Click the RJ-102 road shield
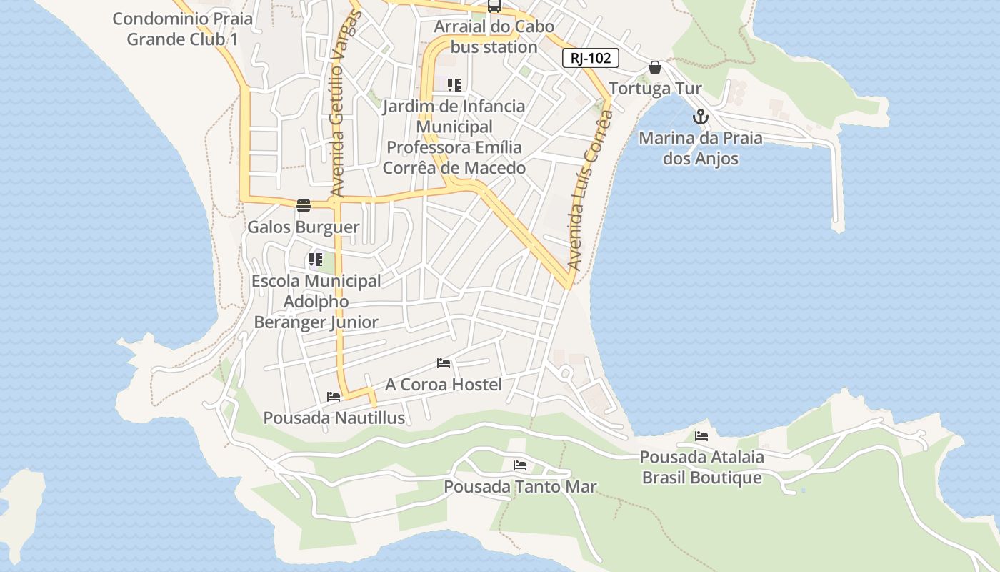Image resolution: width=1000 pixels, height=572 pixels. tap(591, 59)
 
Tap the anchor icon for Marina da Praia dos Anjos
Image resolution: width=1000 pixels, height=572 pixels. tap(701, 117)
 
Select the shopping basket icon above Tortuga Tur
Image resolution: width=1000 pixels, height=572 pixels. tap(655, 68)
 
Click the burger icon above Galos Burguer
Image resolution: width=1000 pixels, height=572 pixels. tap(304, 207)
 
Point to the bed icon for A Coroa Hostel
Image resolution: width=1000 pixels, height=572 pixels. tap(444, 363)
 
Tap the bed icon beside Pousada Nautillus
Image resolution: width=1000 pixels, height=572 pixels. tap(334, 397)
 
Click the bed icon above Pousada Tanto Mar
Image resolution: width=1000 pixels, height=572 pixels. tap(520, 465)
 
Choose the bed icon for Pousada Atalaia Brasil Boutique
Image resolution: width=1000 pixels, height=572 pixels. tap(701, 435)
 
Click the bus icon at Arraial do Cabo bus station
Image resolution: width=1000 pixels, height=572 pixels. tap(494, 6)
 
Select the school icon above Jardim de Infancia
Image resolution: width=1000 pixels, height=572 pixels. tap(454, 85)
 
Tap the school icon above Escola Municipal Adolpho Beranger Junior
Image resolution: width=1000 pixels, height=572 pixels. tap(316, 260)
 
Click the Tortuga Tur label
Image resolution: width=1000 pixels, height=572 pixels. tap(656, 89)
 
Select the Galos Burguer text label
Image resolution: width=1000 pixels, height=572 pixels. tap(304, 227)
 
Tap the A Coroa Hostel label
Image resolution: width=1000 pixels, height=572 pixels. tap(444, 384)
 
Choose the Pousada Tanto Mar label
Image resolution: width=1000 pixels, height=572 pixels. tap(520, 487)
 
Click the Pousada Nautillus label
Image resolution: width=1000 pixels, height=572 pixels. tap(334, 418)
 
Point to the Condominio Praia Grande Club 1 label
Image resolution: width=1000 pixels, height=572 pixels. tap(183, 29)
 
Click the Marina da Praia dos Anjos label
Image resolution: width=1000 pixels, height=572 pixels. tap(701, 148)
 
